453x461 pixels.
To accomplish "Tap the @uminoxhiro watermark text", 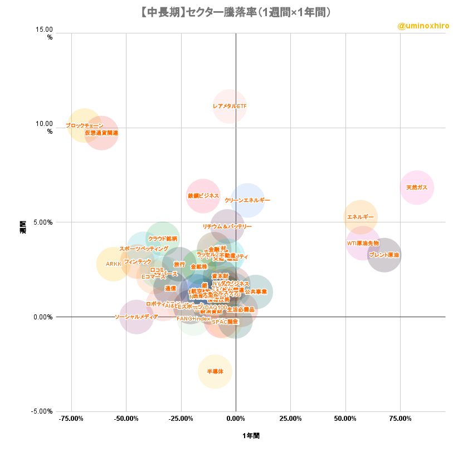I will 423,26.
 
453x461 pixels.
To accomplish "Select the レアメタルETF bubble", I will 230,106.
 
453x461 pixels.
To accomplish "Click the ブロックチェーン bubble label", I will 85,126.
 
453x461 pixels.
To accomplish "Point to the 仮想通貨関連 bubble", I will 101,133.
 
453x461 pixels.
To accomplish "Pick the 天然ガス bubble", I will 417,187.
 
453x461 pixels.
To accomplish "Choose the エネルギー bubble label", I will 361,217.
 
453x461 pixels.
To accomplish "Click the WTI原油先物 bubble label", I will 363,243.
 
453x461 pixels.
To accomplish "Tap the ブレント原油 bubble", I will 384,255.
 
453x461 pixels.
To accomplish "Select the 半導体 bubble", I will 215,371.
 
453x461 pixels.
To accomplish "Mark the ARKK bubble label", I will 113,264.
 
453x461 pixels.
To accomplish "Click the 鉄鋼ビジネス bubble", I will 203,196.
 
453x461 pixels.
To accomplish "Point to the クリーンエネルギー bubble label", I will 247,200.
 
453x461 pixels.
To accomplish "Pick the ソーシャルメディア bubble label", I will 137,317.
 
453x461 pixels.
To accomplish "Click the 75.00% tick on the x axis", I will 401,419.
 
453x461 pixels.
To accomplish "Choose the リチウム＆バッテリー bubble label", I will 227,226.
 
